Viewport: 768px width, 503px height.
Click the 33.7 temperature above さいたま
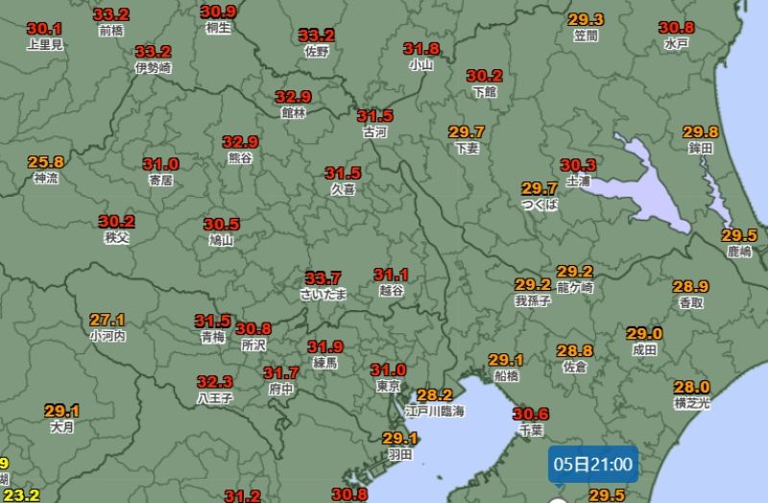(323, 277)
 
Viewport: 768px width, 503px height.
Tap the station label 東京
(388, 385)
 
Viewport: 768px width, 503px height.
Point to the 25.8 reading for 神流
(45, 162)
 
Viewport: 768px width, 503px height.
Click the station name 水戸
(676, 43)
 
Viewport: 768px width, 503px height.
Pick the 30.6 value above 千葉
(531, 414)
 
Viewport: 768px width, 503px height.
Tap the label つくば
(540, 204)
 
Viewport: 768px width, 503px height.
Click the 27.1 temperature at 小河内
(108, 320)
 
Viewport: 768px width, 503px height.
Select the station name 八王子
(215, 396)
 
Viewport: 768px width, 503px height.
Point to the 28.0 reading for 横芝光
(692, 387)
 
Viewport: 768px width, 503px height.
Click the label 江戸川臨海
(434, 410)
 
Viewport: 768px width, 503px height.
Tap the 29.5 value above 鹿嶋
(739, 235)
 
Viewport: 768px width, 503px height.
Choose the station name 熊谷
(240, 157)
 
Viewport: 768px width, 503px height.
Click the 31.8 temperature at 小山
(420, 48)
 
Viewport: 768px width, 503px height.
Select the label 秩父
(116, 236)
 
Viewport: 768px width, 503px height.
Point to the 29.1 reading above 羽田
(400, 438)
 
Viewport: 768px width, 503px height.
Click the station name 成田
(644, 349)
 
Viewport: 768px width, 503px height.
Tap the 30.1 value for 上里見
(45, 29)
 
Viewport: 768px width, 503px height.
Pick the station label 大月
(62, 426)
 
